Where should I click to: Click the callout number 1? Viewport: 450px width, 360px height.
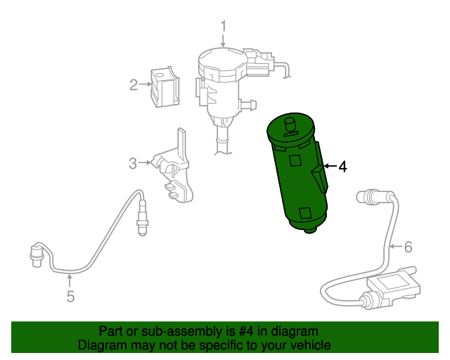223,27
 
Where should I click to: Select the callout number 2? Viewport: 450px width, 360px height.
134,86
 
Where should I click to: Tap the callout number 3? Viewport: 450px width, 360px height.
133,165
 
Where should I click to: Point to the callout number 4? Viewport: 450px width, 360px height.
342,167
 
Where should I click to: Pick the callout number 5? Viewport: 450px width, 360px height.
70,297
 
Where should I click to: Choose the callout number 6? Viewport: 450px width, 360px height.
407,247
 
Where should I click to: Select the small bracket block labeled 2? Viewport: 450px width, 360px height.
165,86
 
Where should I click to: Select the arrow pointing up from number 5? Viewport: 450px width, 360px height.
70,281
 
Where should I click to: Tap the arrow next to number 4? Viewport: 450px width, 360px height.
330,167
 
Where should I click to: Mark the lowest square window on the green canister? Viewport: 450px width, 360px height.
305,213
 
